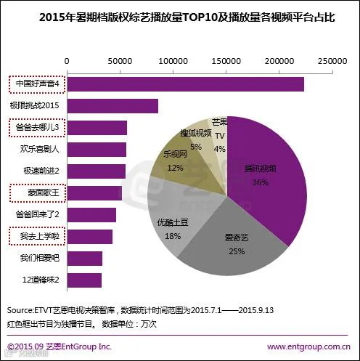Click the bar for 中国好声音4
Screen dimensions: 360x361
point(186,84)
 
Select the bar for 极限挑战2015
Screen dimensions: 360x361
point(112,106)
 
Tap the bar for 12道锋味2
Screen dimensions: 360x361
point(84,280)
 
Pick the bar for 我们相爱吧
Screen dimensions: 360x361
point(85,259)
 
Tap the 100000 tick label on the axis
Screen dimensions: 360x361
point(173,61)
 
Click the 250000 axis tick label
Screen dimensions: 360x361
point(332,61)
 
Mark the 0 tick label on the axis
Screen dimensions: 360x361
point(67,61)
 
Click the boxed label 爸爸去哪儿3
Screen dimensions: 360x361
point(37,128)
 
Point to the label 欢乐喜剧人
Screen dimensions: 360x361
point(39,149)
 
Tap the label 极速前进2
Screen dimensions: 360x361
point(41,171)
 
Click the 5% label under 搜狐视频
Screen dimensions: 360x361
point(196,147)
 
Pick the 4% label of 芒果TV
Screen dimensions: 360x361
point(220,149)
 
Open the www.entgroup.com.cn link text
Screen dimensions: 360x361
point(308,346)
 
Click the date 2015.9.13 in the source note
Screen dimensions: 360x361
point(256,310)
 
